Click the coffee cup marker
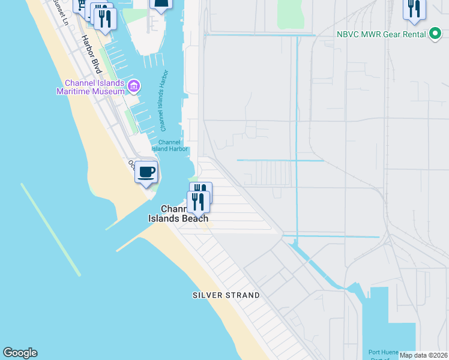pos(146,173)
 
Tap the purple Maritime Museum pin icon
pos(134,87)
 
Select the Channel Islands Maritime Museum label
pos(90,87)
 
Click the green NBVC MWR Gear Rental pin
pos(435,34)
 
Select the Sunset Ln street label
pos(60,12)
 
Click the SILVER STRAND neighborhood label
pos(226,295)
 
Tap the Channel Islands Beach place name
pos(178,214)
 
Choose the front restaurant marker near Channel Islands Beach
pos(198,202)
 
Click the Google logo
pos(20,353)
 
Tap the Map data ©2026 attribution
pos(423,355)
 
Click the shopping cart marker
pos(80,5)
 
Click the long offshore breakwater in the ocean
pos(50,229)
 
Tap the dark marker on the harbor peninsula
pos(161,5)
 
